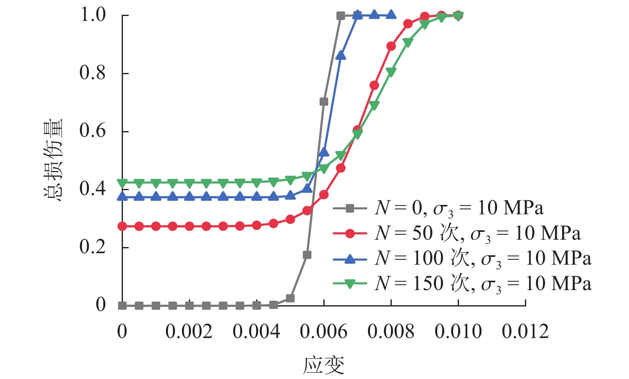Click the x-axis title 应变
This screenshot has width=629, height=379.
tap(323, 365)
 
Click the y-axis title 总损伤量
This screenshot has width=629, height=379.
tap(53, 160)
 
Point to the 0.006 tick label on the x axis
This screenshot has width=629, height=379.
tap(323, 331)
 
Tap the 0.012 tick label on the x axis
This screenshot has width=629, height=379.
tap(525, 331)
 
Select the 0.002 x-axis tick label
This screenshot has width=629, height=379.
tap(189, 331)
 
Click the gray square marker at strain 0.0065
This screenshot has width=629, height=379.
tap(341, 16)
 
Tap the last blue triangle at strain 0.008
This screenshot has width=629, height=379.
tap(391, 15)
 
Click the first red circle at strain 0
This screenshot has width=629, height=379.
tap(122, 226)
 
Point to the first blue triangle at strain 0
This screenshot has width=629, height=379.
tap(122, 197)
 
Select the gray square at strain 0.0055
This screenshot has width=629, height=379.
tap(307, 255)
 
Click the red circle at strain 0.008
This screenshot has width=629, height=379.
tap(391, 46)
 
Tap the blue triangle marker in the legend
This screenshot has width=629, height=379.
tap(350, 259)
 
